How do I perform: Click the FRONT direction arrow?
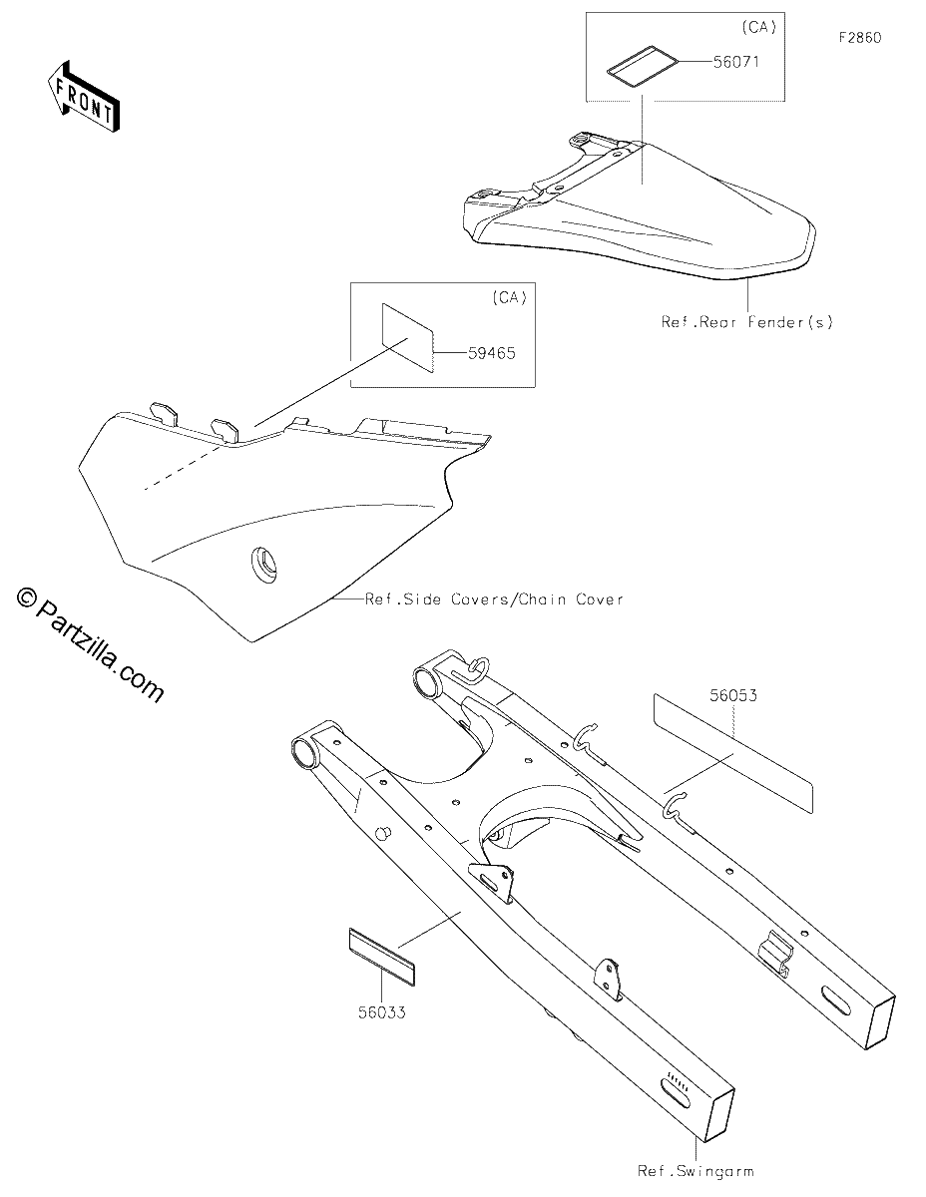coord(83,97)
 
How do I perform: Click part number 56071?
coord(736,62)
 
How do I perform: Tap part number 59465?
coord(491,353)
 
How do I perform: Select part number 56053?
coord(732,695)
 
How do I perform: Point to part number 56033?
coord(382,1012)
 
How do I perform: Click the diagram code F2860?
coord(860,38)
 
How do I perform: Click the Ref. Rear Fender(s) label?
coord(747,322)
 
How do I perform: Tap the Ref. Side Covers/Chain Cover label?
coord(494,599)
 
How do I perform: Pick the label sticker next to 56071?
coord(643,66)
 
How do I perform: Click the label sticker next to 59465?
coord(408,338)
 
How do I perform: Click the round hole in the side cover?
coord(263,564)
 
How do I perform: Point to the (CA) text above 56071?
coord(759,28)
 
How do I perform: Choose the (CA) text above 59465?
coord(509,298)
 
